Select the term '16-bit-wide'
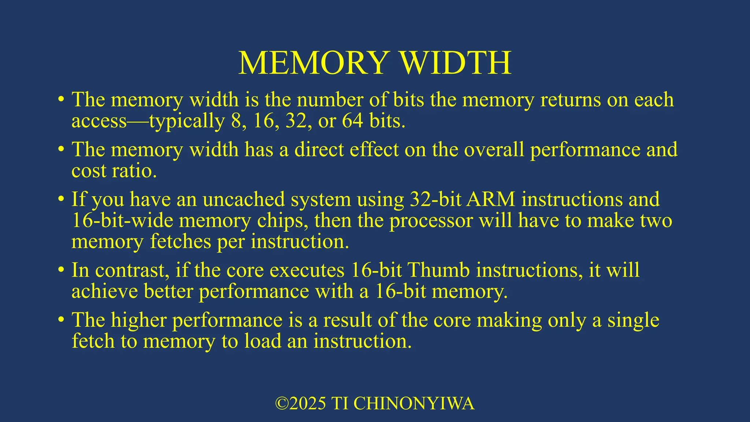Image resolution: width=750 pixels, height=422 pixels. coord(122,221)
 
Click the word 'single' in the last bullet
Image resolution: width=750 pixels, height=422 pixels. coord(634,320)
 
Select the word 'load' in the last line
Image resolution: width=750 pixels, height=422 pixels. coord(263,341)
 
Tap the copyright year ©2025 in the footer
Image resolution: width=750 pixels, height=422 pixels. coord(301,403)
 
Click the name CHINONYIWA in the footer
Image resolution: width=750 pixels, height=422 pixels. coord(414,403)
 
